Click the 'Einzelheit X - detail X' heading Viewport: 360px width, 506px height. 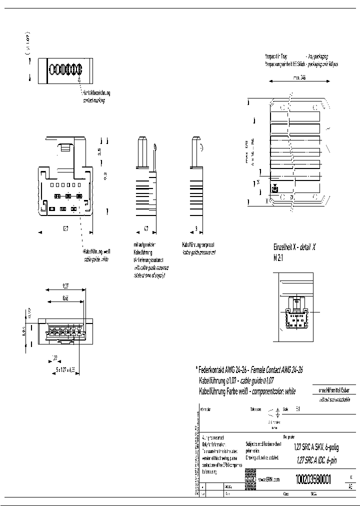294,247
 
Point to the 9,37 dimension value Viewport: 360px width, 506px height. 65,286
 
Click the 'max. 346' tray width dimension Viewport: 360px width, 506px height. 299,77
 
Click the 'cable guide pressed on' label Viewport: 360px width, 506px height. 199,252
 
